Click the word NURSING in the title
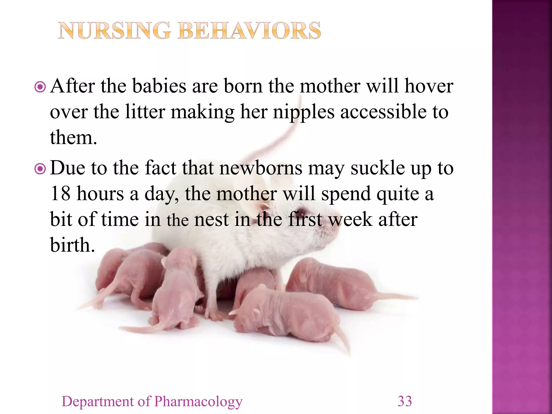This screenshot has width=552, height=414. coord(115,31)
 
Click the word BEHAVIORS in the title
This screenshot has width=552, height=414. coord(249,31)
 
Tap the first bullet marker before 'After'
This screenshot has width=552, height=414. coord(40,87)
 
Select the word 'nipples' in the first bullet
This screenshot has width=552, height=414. coord(303,112)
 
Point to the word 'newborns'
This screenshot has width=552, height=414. coord(261,168)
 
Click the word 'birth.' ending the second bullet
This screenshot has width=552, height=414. coord(73,245)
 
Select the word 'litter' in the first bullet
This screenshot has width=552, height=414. coord(145,112)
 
